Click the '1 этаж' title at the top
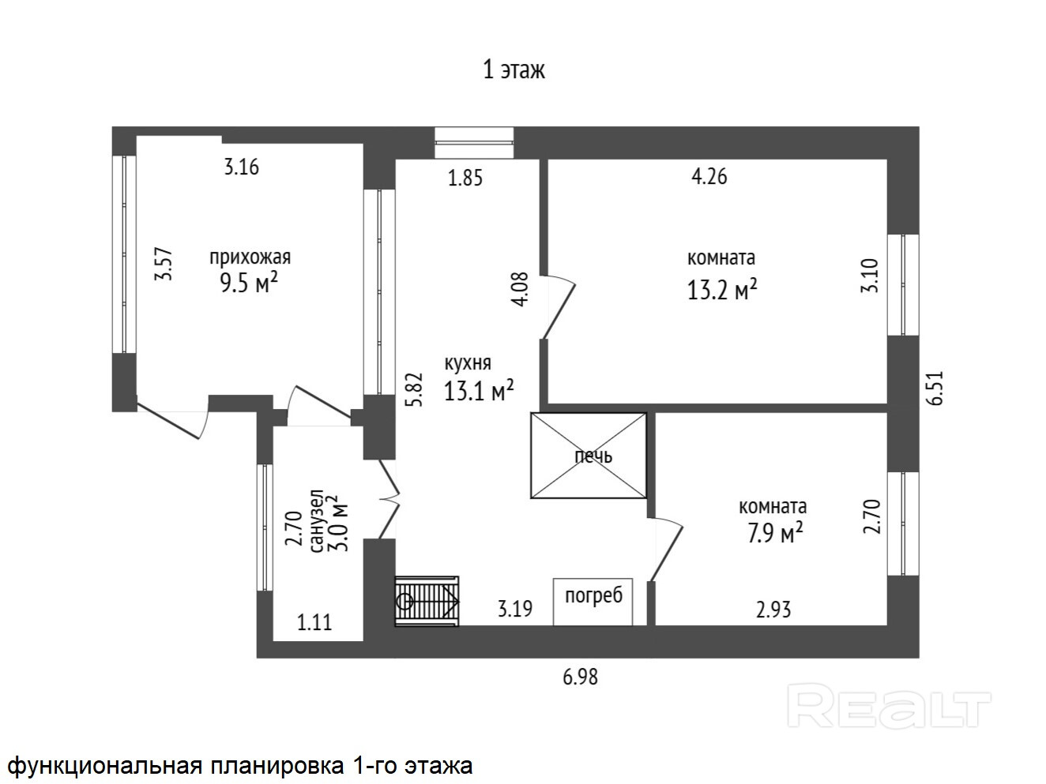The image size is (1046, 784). point(514,70)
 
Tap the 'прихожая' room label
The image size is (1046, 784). point(250,257)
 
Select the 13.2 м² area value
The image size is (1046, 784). point(722,290)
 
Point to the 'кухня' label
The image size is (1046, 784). point(468,363)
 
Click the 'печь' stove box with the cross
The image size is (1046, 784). point(589,456)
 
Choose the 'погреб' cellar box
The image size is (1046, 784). point(593,602)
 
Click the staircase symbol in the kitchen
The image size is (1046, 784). point(427,601)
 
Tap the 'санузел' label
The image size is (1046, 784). point(318,521)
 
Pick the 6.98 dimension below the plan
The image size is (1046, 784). point(580,677)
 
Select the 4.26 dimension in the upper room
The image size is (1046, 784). point(709,177)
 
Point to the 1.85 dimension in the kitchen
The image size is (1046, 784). point(465,178)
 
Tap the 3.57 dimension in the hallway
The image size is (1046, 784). point(164,263)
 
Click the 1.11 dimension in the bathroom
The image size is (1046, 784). point(314,623)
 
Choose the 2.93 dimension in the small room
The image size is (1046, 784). point(773,610)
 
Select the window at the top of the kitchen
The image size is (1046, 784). point(474,142)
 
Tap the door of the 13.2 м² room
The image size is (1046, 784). point(559,307)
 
